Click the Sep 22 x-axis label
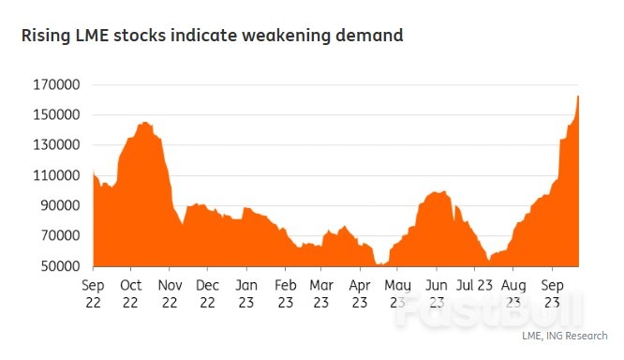[x=93, y=292]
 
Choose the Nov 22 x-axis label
[x=170, y=292]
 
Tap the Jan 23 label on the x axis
[x=246, y=292]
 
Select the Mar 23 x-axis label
[x=321, y=292]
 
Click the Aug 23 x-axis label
[x=513, y=292]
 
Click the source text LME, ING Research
[x=565, y=335]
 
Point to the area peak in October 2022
[x=143, y=123]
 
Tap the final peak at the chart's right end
[x=578, y=97]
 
